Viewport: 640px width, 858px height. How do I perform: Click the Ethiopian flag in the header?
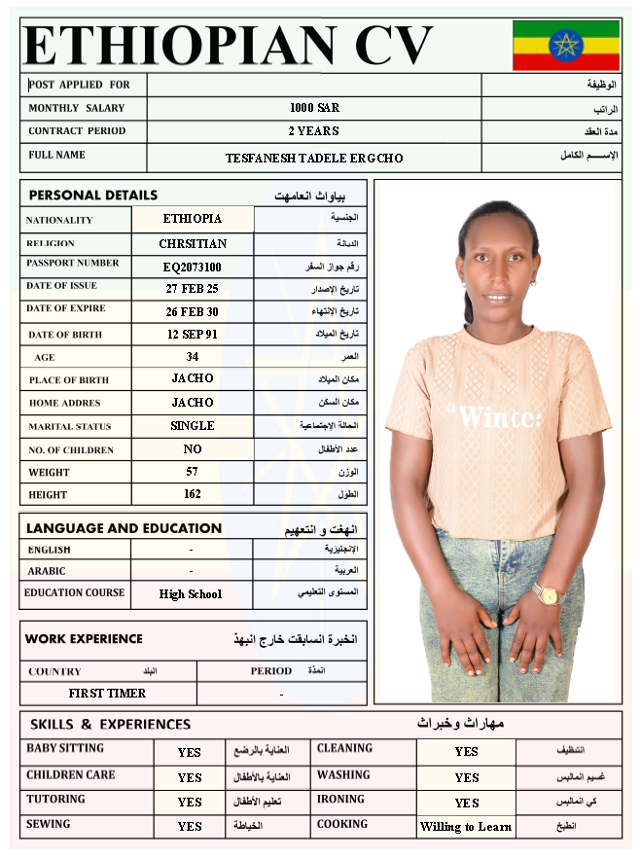tap(565, 45)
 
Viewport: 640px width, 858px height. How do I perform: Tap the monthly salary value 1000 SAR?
tap(314, 108)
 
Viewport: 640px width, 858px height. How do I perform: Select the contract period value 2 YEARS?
tap(314, 130)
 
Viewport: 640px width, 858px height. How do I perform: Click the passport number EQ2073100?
tap(193, 266)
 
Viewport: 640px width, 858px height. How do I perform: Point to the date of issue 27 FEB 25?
tap(193, 289)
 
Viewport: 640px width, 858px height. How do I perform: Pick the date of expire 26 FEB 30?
tap(193, 312)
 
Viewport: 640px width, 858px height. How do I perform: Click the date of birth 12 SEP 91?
tap(193, 335)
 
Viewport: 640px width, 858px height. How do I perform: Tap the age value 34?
tap(193, 357)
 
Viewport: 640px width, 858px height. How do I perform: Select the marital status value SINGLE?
tap(193, 426)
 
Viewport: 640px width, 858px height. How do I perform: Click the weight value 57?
tap(193, 472)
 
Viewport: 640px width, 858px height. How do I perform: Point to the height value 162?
tap(193, 494)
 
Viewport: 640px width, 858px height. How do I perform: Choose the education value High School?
tap(191, 594)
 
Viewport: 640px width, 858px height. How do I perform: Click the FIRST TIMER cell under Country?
tap(107, 694)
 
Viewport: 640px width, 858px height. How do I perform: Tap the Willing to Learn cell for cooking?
tap(466, 827)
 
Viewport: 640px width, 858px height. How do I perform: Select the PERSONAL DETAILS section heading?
tap(93, 196)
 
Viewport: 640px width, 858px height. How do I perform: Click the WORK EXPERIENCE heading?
tap(84, 639)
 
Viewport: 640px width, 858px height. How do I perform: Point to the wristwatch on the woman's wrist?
tap(548, 592)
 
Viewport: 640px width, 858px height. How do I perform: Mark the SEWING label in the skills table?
tap(49, 824)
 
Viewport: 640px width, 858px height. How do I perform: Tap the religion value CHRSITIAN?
tap(193, 243)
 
